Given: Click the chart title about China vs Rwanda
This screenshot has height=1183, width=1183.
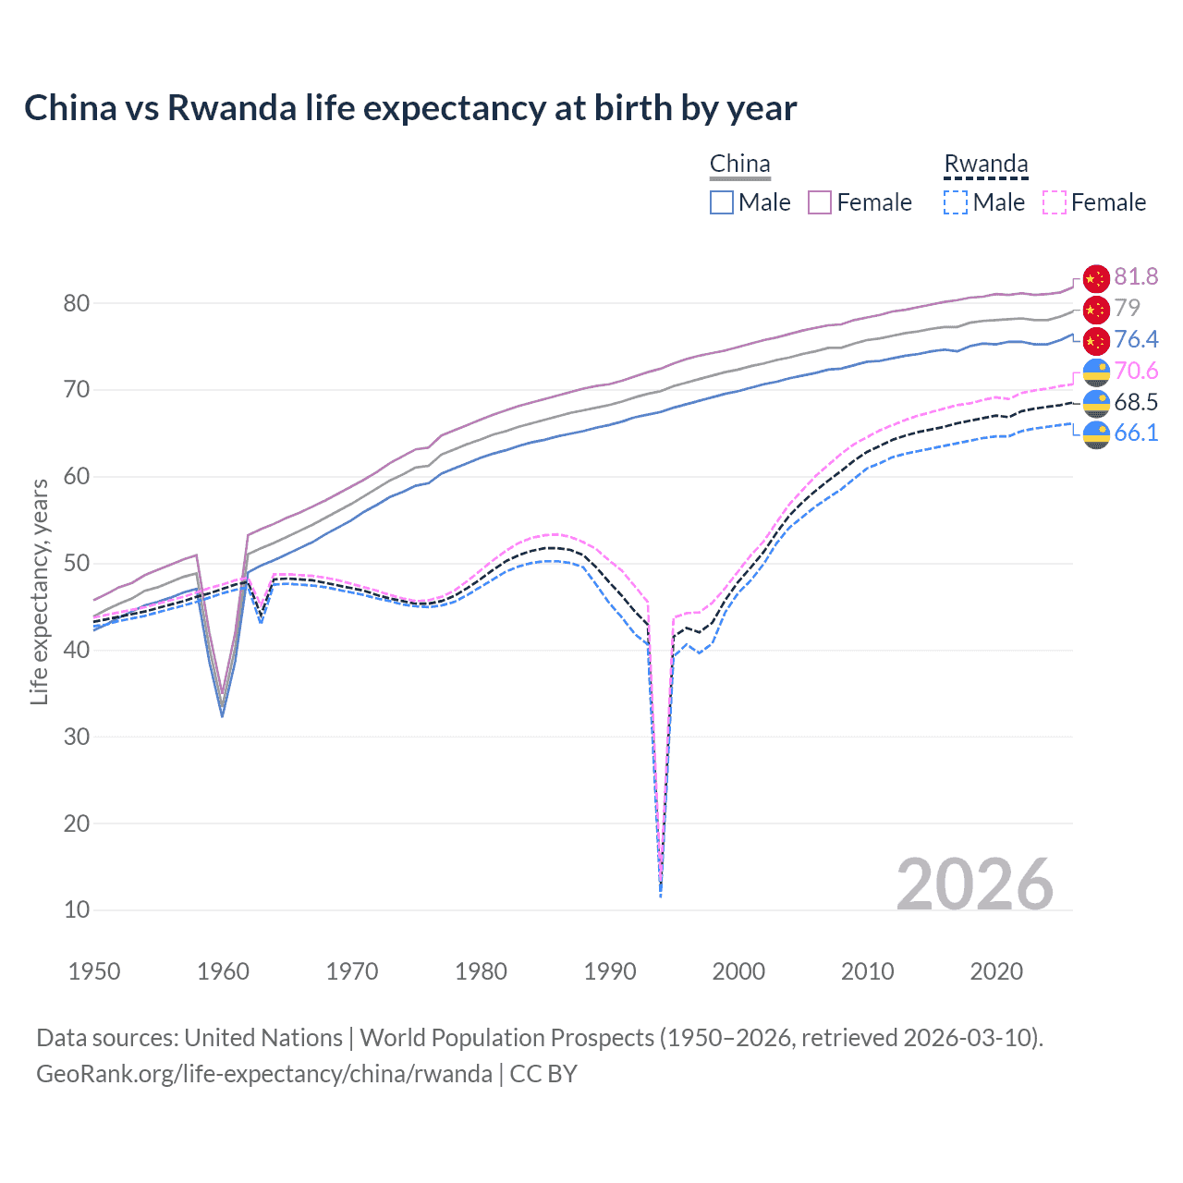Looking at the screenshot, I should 410,108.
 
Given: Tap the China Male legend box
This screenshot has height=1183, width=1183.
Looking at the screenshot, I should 722,202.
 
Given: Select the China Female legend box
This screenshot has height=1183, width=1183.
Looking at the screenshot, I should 820,202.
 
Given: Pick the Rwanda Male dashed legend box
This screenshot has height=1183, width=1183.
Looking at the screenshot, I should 956,202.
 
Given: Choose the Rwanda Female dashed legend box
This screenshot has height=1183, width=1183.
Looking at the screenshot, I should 1055,202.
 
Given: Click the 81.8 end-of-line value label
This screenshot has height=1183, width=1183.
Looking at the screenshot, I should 1136,276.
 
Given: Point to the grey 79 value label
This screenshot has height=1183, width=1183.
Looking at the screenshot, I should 1127,308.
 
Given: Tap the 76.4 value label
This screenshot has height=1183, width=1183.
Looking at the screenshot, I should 1136,339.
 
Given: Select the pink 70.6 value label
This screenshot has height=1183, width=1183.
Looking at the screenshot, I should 1136,371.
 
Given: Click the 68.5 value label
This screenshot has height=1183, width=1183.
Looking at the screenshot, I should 1136,402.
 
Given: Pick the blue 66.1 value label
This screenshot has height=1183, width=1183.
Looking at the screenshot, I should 1136,433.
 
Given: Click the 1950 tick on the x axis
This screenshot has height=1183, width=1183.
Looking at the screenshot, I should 94,971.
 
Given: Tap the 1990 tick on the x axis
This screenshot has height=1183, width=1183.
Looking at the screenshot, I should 610,971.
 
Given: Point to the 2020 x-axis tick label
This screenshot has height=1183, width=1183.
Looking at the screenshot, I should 996,971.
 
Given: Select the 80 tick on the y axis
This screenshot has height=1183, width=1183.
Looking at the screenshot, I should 77,303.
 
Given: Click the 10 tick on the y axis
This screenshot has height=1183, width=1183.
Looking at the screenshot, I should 77,909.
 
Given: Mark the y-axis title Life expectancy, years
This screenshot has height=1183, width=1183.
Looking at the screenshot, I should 39,591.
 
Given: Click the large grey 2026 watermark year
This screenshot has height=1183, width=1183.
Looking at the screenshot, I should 975,884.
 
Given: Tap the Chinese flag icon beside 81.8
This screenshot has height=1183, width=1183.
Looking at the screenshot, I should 1096,278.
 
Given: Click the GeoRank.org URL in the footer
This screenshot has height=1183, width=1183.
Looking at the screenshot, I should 264,1074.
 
